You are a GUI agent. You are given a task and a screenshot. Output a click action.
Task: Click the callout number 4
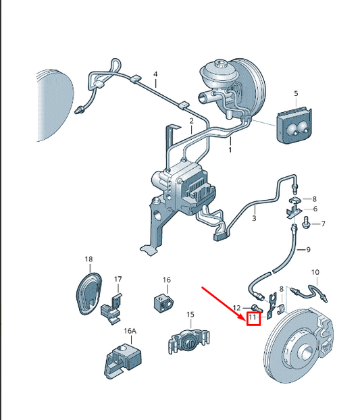pyautogui.click(x=155, y=74)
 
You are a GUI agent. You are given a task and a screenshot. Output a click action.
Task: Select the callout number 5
pyautogui.click(x=296, y=93)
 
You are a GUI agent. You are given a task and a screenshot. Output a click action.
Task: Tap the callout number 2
pyautogui.click(x=192, y=121)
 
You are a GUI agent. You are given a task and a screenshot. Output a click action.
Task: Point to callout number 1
pyautogui.click(x=230, y=150)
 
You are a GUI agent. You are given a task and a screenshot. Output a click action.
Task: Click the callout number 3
pyautogui.click(x=254, y=218)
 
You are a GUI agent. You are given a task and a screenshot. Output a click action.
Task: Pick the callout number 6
pyautogui.click(x=315, y=209)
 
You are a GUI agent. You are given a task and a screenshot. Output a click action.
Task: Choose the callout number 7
pyautogui.click(x=323, y=224)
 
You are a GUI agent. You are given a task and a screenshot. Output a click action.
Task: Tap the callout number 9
pyautogui.click(x=308, y=250)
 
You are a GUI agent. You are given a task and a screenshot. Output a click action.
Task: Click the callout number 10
pyautogui.click(x=315, y=272)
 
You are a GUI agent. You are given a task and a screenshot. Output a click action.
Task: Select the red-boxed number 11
pyautogui.click(x=253, y=317)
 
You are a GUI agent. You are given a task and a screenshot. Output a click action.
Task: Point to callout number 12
pyautogui.click(x=237, y=308)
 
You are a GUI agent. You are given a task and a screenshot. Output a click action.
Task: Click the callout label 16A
pyautogui.click(x=130, y=331)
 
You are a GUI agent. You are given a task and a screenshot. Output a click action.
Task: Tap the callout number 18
pyautogui.click(x=88, y=259)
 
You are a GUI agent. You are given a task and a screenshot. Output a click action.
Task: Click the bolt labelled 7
pyautogui.click(x=305, y=223)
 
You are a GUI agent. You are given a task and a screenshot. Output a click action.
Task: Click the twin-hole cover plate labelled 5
pyautogui.click(x=294, y=126)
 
